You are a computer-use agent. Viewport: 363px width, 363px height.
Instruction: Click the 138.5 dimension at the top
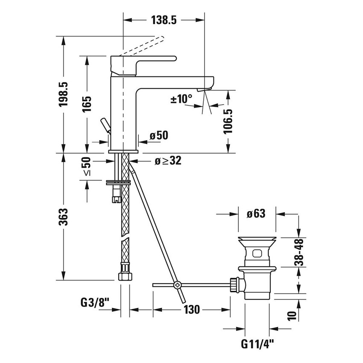[x=164, y=20]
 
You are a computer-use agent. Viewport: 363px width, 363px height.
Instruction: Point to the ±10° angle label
[x=181, y=99]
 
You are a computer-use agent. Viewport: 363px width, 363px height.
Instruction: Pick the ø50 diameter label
[x=158, y=135]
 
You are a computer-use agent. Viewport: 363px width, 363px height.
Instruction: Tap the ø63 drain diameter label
[x=256, y=214]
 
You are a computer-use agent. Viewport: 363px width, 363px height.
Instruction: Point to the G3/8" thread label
[x=95, y=303]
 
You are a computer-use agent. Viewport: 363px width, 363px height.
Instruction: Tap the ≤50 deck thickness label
[x=87, y=166]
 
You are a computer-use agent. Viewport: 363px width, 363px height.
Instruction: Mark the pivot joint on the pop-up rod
[x=176, y=285]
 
